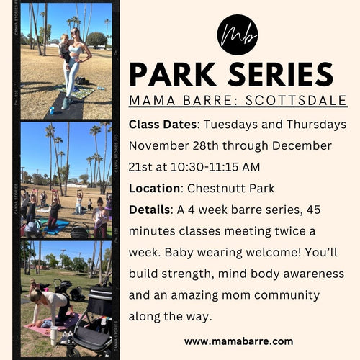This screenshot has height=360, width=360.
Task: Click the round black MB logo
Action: (x=238, y=35)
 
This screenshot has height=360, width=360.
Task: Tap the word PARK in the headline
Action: (x=173, y=75)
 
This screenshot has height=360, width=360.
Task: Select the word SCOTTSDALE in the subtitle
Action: (x=296, y=100)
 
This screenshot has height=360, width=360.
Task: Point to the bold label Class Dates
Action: (x=163, y=125)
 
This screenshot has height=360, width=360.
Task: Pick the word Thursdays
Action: (x=316, y=125)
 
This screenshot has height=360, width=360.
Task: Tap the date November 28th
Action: (x=174, y=145)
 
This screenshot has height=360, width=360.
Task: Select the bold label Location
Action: (x=154, y=189)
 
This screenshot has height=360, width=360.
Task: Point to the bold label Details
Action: (x=149, y=210)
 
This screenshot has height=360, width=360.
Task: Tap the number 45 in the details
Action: (x=313, y=210)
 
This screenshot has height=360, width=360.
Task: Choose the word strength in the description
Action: (x=187, y=274)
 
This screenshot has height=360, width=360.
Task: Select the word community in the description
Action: (x=287, y=296)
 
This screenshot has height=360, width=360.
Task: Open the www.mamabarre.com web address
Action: (x=239, y=341)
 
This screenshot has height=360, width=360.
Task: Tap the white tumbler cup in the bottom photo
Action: (x=54, y=335)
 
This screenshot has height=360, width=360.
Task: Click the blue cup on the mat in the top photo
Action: (x=51, y=110)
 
